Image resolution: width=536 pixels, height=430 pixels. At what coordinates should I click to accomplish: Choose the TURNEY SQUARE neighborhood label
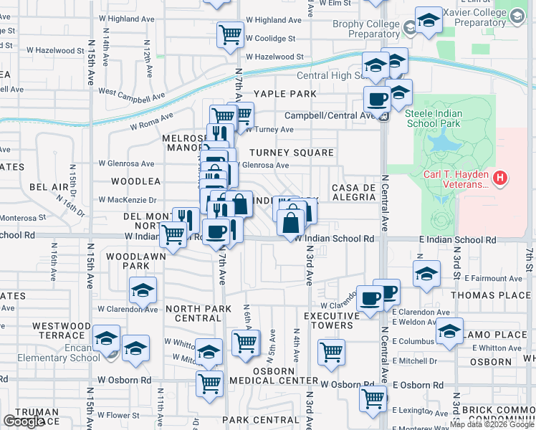[292, 153]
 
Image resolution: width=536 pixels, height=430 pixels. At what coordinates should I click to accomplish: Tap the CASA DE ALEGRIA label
[354, 193]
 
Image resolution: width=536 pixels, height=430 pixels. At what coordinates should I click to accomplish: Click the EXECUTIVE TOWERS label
[331, 320]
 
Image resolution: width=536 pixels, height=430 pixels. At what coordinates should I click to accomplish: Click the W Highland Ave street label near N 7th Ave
[275, 20]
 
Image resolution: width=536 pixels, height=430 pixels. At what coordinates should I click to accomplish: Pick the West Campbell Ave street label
[132, 93]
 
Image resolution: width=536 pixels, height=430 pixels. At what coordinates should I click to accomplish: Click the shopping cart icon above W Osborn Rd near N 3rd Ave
[331, 351]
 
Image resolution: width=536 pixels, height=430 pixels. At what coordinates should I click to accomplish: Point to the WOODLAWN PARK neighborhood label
[128, 261]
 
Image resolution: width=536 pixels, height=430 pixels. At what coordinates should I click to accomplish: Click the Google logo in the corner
[23, 421]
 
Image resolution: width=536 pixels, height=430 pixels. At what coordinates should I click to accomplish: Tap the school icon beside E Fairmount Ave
[426, 274]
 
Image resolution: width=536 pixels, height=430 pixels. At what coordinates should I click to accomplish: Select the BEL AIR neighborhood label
[49, 187]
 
